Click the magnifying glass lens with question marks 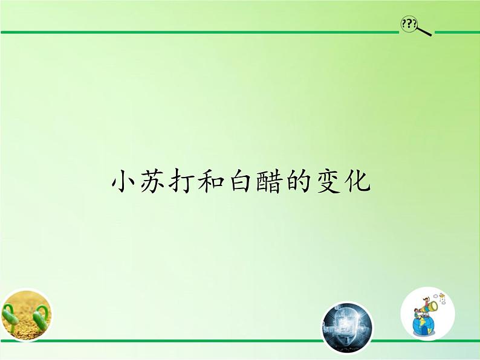(x=409, y=24)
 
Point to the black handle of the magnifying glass (x=424, y=31)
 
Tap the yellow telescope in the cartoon (x=430, y=307)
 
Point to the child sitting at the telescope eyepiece (x=417, y=313)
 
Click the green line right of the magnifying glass (x=457, y=33)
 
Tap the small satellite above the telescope (x=443, y=296)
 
